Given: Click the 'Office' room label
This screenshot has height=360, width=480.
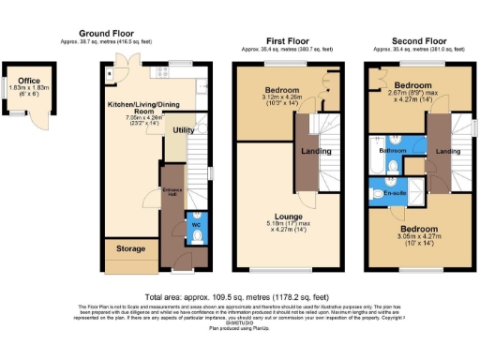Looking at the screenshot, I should pyautogui.click(x=28, y=81).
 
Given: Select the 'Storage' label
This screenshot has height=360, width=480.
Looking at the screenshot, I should pyautogui.click(x=130, y=250).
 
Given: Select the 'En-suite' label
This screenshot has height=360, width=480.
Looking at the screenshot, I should pyautogui.click(x=395, y=193).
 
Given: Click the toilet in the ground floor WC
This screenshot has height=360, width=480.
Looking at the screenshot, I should pyautogui.click(x=197, y=236).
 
